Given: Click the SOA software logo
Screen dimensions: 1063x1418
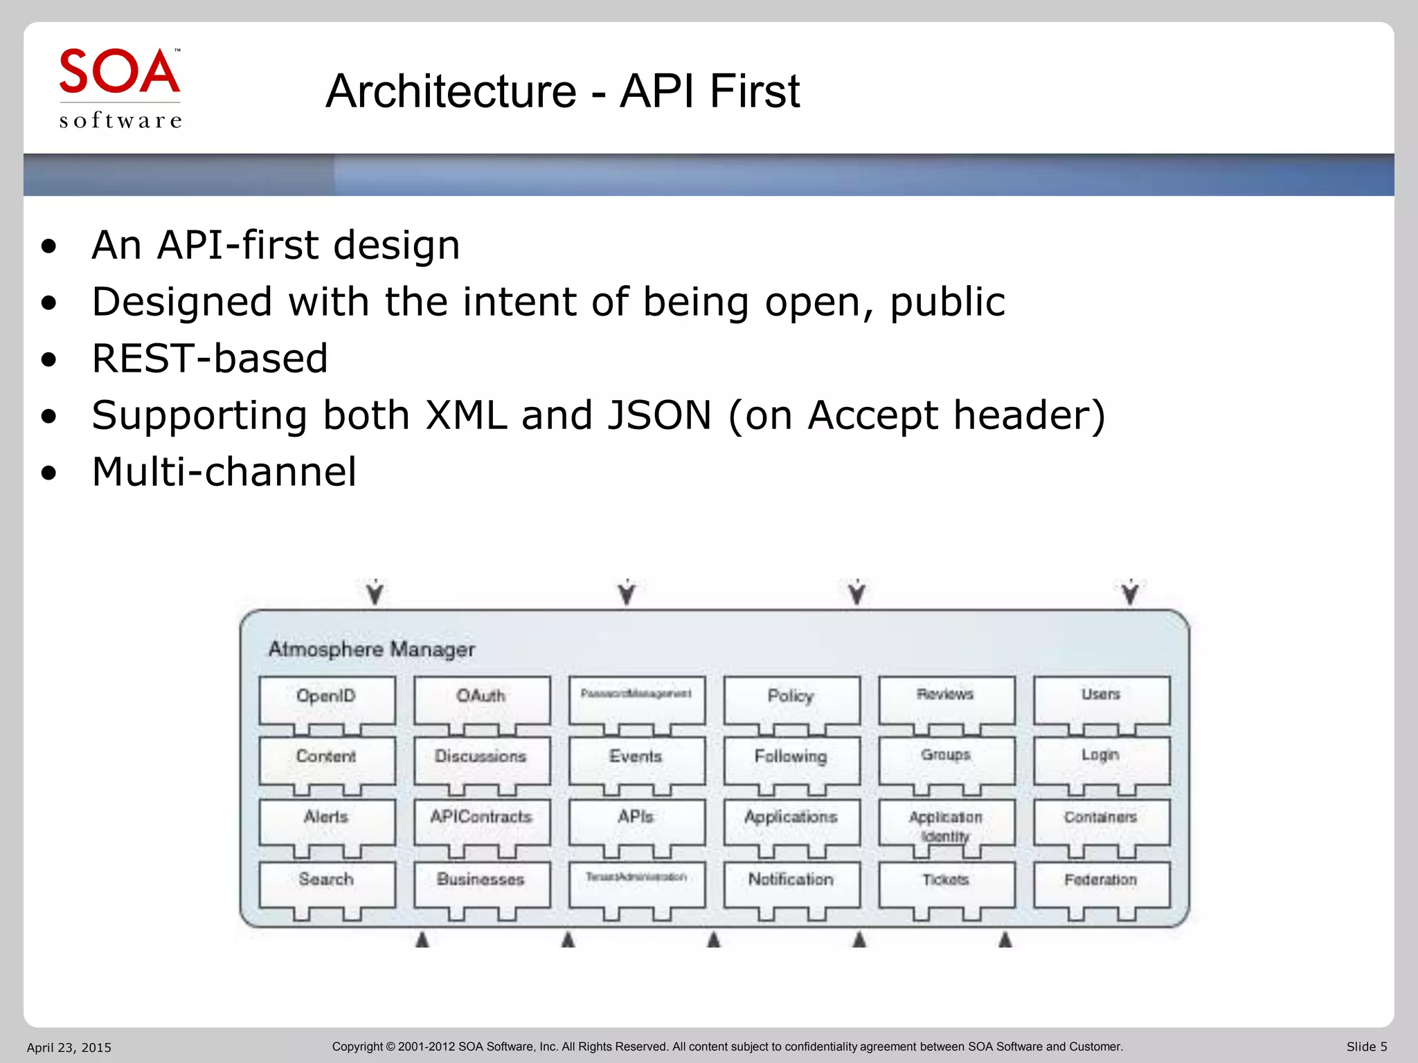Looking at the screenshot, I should point(120,89).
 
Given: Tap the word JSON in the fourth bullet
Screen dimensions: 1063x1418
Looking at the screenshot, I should point(658,415).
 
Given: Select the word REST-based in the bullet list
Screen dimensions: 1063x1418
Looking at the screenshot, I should point(210,358).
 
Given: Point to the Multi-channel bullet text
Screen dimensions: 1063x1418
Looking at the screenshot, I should point(224,472).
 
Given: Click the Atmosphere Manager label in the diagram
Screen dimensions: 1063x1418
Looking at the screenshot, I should point(371,649).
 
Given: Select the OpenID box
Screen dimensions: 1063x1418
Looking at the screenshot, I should point(326,699).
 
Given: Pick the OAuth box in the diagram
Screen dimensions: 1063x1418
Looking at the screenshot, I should point(481,699).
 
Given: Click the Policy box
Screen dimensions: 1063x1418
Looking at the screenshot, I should point(791,699).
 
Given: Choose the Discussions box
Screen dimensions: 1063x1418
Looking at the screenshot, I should point(481,759).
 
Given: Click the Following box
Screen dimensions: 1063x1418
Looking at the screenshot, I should point(791,759).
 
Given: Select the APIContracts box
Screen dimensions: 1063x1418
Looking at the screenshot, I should point(481,820).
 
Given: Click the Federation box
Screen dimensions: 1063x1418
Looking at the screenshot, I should point(1101,882).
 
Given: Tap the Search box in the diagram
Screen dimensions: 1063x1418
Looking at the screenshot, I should point(326,882).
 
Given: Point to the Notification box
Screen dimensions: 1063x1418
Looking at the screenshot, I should point(791,882).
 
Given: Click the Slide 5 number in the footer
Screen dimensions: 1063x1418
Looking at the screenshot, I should point(1366,1046).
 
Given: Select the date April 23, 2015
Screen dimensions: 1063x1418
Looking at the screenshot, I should point(69,1047).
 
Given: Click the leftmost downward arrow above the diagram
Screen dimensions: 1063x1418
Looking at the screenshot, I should point(375,593).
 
